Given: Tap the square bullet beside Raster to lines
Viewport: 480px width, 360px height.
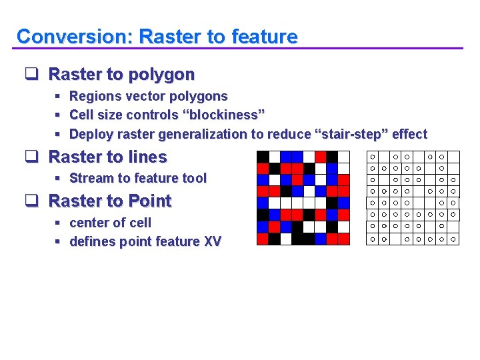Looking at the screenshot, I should (x=30, y=157).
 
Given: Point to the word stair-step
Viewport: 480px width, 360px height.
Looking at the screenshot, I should (x=349, y=134).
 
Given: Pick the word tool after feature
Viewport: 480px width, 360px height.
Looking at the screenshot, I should (x=193, y=178).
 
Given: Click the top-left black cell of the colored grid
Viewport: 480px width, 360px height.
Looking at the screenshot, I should (x=263, y=157).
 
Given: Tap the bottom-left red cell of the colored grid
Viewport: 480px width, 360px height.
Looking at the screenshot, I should (x=263, y=239).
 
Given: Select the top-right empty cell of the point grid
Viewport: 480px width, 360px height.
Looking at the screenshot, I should (x=453, y=157).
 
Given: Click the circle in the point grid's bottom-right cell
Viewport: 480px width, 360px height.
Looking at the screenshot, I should (x=453, y=239).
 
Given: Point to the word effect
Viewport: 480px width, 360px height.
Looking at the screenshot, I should (x=409, y=134).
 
